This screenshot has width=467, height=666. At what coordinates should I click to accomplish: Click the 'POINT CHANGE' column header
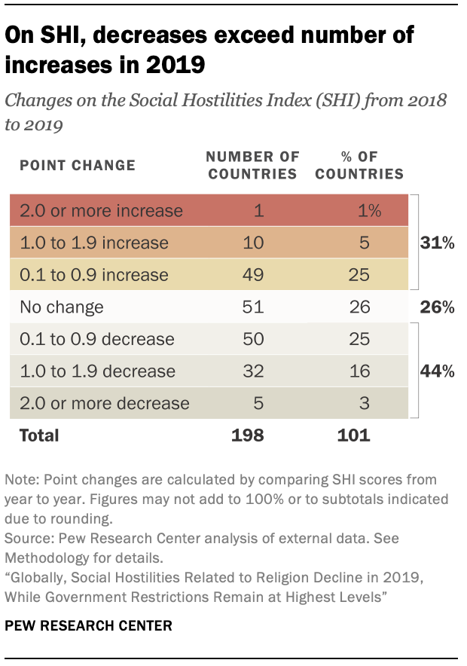pos(78,165)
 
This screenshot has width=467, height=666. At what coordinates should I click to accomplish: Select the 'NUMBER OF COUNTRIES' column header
pos(252,165)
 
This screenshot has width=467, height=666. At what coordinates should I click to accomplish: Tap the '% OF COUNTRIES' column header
pos(359,165)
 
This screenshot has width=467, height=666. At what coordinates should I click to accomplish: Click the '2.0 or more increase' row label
pos(101,211)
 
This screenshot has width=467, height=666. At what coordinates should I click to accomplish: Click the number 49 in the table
pos(253,275)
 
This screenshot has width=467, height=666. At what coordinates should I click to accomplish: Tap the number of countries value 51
pos(253,307)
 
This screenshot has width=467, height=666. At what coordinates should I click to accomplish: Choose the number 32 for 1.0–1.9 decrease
pos(253,371)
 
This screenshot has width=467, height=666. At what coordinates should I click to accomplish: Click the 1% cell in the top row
pos(370,211)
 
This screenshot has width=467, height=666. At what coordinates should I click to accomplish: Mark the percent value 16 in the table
pos(359,371)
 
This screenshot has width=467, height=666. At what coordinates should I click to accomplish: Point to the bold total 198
pos(248,435)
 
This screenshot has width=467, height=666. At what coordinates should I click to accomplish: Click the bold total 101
pos(354,435)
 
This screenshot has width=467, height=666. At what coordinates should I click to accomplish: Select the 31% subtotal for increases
pos(438,243)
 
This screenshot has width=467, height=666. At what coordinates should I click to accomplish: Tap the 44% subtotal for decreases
pos(438,371)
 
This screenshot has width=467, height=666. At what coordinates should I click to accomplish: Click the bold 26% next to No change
pos(438,307)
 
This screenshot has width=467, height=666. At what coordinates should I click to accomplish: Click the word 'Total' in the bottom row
pos(40,435)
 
